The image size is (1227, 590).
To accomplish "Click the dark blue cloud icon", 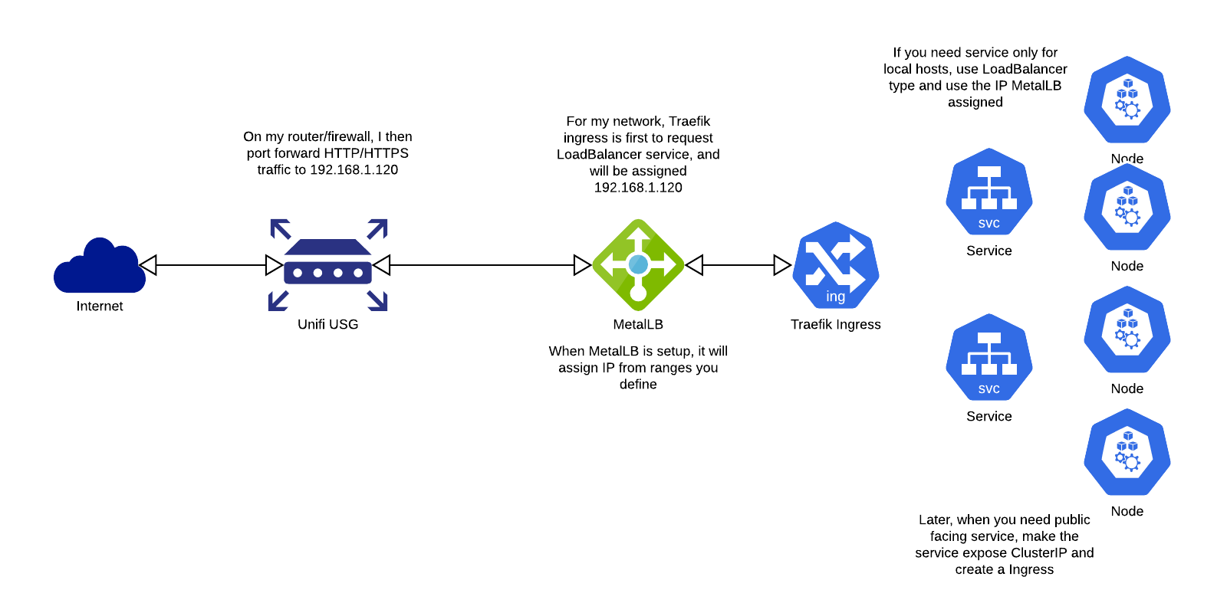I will coord(100,268).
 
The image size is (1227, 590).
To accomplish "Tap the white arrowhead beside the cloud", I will coord(149,265).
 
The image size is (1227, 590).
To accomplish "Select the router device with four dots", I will coord(327,265).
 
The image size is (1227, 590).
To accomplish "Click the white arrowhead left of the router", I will coord(273,265).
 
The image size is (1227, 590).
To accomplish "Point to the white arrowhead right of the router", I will coord(382,265).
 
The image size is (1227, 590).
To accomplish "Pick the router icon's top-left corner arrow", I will coord(280,228).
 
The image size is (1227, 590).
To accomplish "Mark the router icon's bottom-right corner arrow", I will coord(378,301).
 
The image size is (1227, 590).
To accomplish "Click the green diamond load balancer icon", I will coord(638,265).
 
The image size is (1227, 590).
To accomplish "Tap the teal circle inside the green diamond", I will coord(638,264).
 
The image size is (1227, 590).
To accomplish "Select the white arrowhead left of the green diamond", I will coord(581,265).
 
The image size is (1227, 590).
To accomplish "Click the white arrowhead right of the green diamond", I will coord(695,265).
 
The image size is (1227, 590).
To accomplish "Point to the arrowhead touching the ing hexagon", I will coord(781,265).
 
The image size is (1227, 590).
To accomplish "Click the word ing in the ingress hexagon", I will coord(836,297).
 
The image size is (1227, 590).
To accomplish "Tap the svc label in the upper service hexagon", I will coord(989,224).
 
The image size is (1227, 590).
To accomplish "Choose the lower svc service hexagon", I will coord(989,357).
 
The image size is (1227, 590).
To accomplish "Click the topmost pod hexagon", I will coord(1127,100).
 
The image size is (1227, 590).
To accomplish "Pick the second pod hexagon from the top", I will coord(1127,207).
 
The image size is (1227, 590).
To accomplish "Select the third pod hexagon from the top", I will coord(1127,329).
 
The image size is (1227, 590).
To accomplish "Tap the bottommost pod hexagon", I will coord(1127,452).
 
